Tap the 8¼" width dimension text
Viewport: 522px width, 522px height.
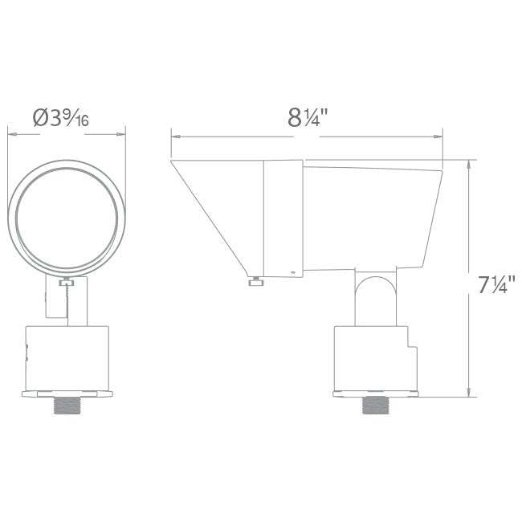coord(308,118)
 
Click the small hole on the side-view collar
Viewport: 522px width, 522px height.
coord(292,272)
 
